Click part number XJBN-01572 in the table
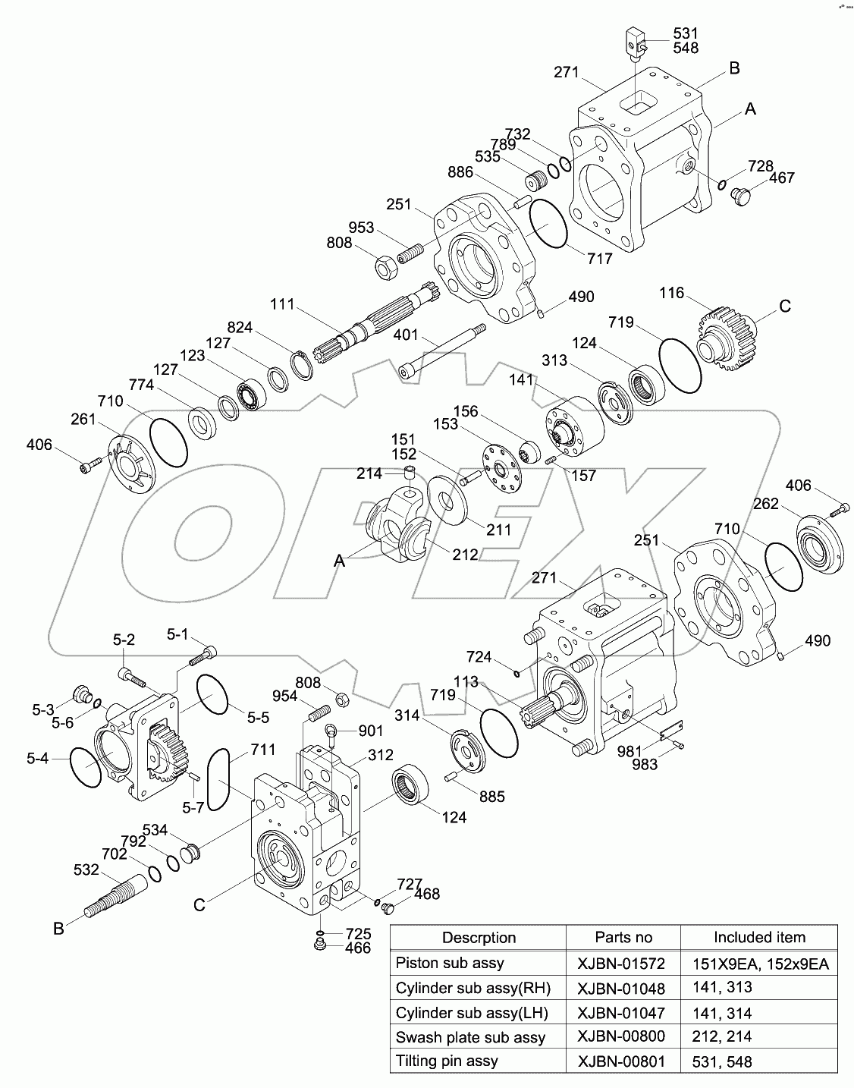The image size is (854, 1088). point(621,964)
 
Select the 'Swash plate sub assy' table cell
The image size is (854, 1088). point(470,1037)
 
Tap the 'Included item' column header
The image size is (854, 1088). point(759,937)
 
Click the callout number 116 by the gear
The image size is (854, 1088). point(670,293)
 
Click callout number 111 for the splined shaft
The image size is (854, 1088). point(281,304)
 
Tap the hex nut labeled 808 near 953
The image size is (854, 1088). point(385,266)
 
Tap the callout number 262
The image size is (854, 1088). point(766,504)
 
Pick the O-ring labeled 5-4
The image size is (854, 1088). point(85,768)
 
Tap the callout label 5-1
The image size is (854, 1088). point(177,634)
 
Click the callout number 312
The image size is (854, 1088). point(381,755)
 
